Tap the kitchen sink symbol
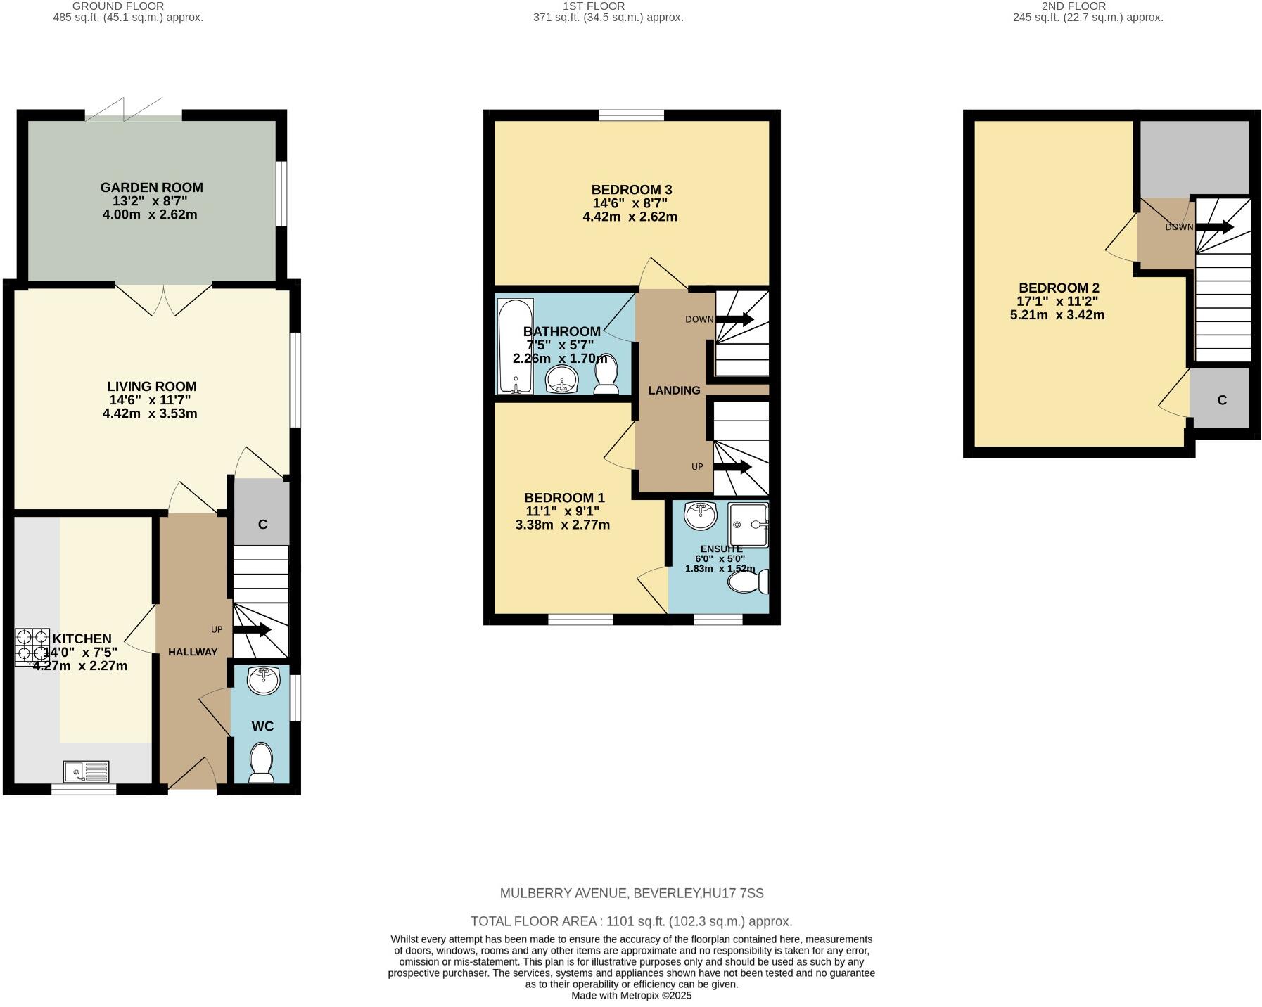point(86,771)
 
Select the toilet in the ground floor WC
point(262,763)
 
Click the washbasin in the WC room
point(263,680)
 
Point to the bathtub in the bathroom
point(515,346)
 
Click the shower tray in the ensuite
point(748,525)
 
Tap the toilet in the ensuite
point(747,582)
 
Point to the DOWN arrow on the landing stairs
point(734,319)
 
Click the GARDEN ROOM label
point(151,187)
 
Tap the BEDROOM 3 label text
point(631,189)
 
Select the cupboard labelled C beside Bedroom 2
point(1221,399)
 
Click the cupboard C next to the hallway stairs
point(262,513)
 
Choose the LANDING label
point(673,390)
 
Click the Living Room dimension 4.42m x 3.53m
point(150,413)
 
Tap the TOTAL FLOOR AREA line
point(630,921)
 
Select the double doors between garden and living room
point(164,299)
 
